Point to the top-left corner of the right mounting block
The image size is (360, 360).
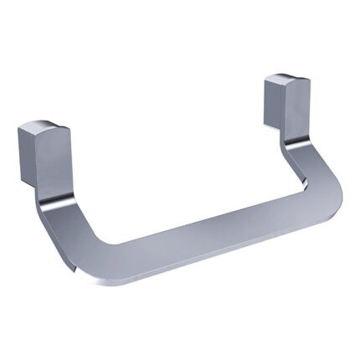pos(265,80)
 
